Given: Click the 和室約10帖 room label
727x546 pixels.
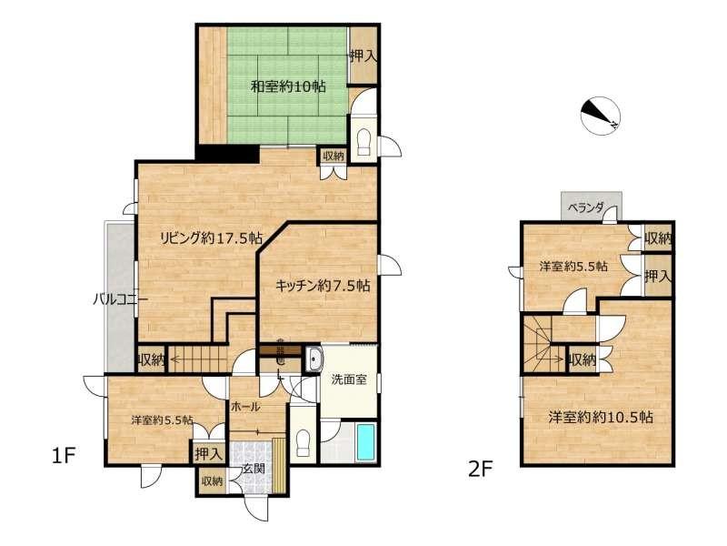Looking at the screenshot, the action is [x=288, y=86].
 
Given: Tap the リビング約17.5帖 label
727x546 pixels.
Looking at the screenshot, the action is [x=211, y=238].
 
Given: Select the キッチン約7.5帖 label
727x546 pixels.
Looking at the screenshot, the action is [x=323, y=285].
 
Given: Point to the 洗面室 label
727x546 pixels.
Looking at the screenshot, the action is [x=349, y=379].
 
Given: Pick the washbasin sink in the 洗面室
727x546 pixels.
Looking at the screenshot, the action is [x=314, y=359].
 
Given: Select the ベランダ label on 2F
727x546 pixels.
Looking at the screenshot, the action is [x=586, y=207].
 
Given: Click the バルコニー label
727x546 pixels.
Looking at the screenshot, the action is [x=121, y=299].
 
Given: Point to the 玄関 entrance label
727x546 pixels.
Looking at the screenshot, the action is [x=254, y=469].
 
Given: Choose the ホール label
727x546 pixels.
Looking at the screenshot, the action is [x=244, y=407].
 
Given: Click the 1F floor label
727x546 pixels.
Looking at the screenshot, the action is [x=63, y=456].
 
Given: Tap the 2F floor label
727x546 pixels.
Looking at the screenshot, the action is [x=480, y=469].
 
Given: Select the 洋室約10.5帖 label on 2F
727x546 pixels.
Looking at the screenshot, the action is [x=601, y=417].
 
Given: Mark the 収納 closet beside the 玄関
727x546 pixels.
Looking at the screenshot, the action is [x=213, y=481].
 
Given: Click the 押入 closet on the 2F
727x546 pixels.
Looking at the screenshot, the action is [x=658, y=277].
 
